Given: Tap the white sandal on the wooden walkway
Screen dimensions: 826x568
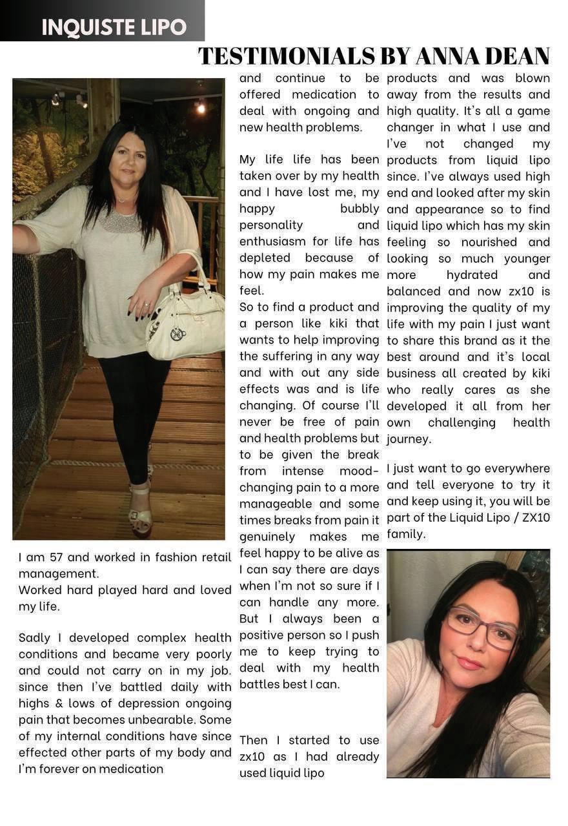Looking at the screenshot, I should [x=140, y=510].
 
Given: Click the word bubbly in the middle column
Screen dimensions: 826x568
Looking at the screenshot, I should [x=360, y=209].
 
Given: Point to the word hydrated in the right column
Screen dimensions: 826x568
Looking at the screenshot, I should [x=471, y=275].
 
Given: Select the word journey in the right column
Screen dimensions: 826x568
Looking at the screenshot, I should [x=408, y=439].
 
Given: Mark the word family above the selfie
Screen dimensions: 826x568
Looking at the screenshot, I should [x=405, y=534].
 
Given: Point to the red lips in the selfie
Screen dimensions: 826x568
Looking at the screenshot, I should [x=469, y=663].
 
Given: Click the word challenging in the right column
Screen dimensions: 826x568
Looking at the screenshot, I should [x=462, y=422].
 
